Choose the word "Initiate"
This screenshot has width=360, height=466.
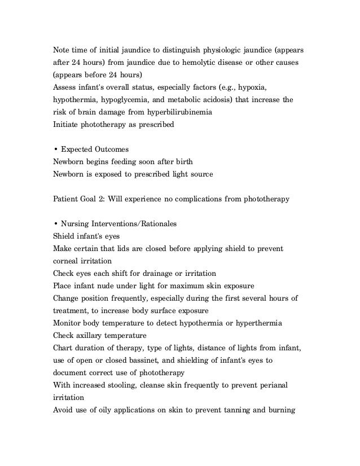66,127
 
